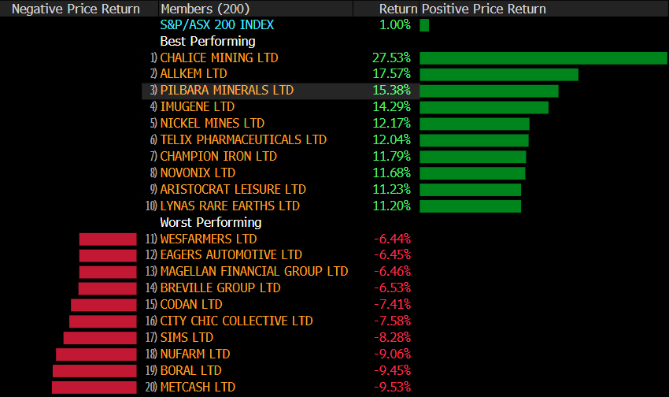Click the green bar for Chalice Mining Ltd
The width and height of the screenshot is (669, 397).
coord(543,58)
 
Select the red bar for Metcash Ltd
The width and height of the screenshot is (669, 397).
coord(94,387)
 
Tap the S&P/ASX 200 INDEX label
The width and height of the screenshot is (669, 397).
coord(217,24)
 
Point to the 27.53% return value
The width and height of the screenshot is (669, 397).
coord(391,58)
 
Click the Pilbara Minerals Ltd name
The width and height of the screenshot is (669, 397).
coord(227,91)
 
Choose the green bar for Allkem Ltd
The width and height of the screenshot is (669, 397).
coord(499,74)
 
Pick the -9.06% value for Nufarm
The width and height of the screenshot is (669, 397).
coord(392,354)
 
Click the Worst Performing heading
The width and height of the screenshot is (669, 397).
coord(211,222)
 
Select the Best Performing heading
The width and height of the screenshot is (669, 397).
coord(208,41)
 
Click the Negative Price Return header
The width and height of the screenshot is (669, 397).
coord(76,9)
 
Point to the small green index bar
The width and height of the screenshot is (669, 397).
coord(424,24)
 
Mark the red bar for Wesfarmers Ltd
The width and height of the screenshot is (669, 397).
coord(108,239)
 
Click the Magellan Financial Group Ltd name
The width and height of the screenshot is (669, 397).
coord(253,271)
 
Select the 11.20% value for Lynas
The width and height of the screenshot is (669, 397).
coord(391,206)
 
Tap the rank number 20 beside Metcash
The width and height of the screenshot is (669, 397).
coord(151,387)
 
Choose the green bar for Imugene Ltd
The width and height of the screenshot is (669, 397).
coord(484,107)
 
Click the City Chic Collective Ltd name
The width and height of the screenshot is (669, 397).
coord(236,321)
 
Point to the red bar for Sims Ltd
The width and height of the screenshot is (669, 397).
coord(100,337)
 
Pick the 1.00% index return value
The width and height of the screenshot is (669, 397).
coord(394,24)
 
